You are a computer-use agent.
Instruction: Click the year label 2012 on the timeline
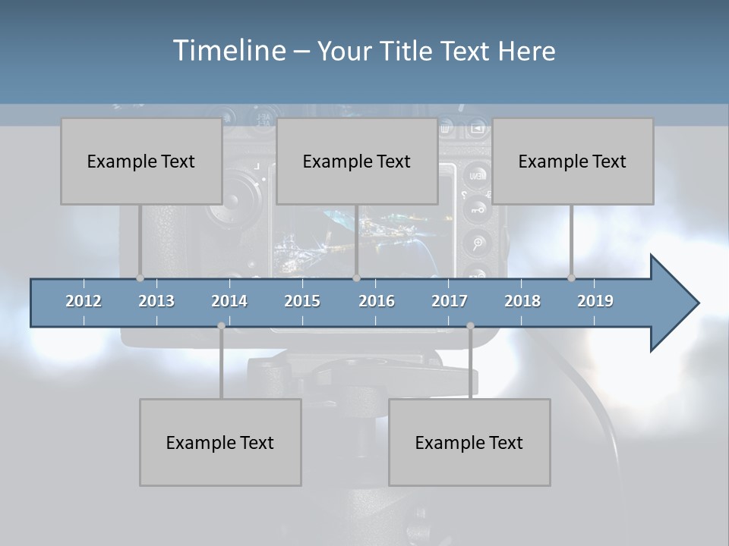point(84,301)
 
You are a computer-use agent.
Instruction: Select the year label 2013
point(156,301)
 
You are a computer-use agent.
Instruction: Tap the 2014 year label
point(229,301)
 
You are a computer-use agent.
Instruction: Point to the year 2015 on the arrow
point(302,301)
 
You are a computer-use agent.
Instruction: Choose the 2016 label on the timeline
point(377,301)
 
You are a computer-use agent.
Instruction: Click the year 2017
point(450,301)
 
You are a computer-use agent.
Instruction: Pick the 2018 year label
point(522,301)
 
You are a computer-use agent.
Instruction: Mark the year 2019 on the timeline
point(595,301)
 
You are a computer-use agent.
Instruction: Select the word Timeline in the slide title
point(228,51)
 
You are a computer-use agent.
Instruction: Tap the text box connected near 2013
point(141,161)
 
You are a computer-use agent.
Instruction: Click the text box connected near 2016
point(357,161)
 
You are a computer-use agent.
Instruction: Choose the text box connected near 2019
point(573,161)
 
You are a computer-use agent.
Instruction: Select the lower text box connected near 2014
point(220,442)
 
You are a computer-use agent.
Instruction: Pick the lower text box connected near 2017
point(469,442)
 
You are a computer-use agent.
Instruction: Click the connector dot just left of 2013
point(140,278)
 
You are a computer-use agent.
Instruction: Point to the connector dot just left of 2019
point(571,278)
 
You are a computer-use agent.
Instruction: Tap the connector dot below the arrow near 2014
point(221,326)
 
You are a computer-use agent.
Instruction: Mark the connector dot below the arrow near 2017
point(470,326)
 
